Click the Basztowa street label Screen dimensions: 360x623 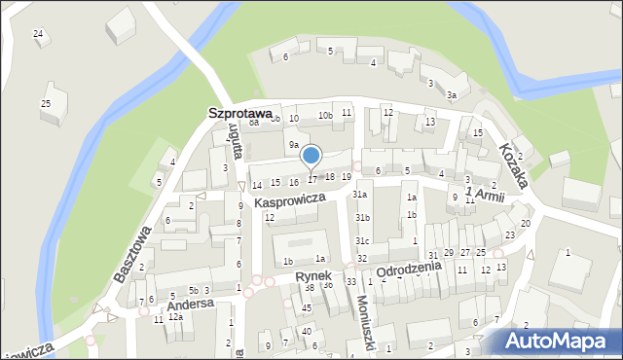click(132, 254)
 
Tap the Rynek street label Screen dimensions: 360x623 click(313, 276)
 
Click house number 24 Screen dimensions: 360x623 click(38, 34)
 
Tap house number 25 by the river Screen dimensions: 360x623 click(45, 103)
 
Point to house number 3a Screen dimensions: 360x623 click(452, 95)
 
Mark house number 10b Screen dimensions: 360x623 click(325, 116)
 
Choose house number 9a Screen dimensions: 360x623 click(293, 145)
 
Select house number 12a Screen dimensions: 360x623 click(175, 317)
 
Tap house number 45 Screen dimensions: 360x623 click(307, 308)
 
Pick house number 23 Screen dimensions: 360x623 click(510, 235)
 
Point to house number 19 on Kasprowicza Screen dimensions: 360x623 click(346, 176)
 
